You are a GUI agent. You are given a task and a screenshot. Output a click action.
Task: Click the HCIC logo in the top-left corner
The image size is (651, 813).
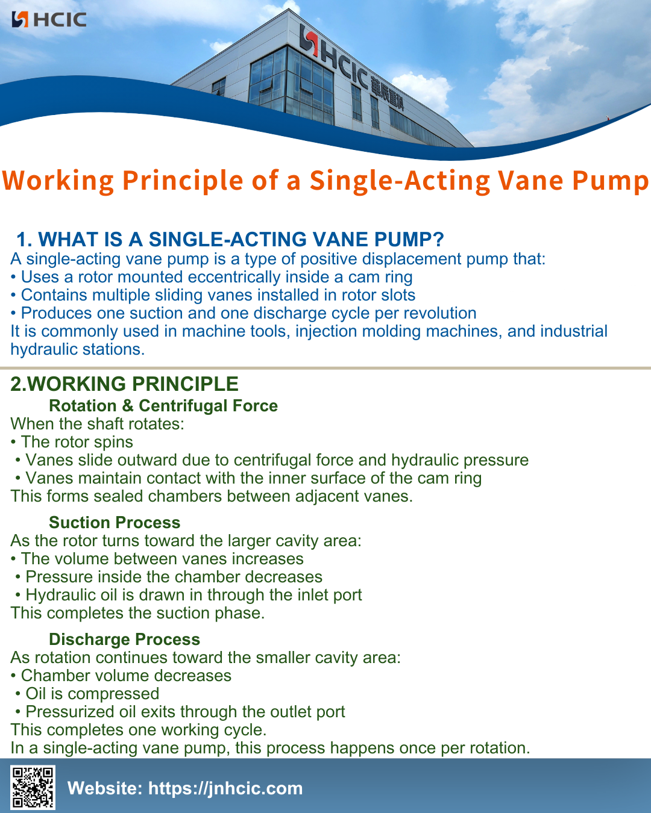pyautogui.click(x=49, y=19)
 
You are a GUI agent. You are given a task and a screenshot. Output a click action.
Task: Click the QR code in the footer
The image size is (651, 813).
pyautogui.click(x=33, y=787)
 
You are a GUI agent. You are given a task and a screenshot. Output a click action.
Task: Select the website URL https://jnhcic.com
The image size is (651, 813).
pyautogui.click(x=225, y=788)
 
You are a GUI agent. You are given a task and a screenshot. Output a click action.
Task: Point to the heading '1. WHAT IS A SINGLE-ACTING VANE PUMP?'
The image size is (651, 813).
pyautogui.click(x=230, y=240)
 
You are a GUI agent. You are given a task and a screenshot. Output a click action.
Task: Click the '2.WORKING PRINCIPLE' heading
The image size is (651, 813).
pyautogui.click(x=124, y=384)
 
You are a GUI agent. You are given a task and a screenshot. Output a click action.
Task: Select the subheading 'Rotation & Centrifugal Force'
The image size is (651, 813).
pyautogui.click(x=163, y=406)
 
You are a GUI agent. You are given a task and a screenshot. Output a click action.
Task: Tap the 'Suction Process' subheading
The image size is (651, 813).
pyautogui.click(x=115, y=523)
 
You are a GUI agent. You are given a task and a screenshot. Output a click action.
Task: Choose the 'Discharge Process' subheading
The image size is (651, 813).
pyautogui.click(x=124, y=640)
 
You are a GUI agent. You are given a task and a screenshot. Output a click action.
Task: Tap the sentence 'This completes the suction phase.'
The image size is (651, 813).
pyautogui.click(x=137, y=613)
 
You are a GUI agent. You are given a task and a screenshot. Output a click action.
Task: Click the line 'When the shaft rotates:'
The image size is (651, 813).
pyautogui.click(x=97, y=424)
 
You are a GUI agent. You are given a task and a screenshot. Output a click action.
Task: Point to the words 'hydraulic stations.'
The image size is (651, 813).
pyautogui.click(x=77, y=349)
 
